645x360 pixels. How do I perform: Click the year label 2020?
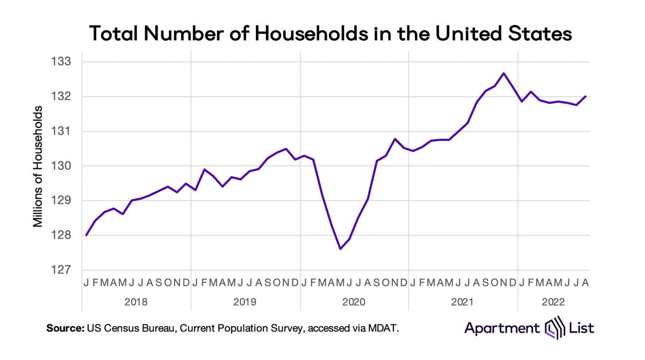pos(354,302)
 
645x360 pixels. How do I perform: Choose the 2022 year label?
pos(554,302)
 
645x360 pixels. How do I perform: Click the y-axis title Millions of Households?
pos(38,167)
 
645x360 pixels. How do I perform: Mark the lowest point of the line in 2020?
pos(340,249)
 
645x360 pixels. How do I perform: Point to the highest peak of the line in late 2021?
pos(504,73)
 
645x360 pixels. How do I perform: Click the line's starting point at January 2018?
pos(86,235)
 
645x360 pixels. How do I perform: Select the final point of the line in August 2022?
pos(585,96)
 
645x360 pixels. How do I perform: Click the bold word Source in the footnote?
pos(64,328)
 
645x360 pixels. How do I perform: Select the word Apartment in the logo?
pos(502,327)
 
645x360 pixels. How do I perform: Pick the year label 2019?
pos(245,302)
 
